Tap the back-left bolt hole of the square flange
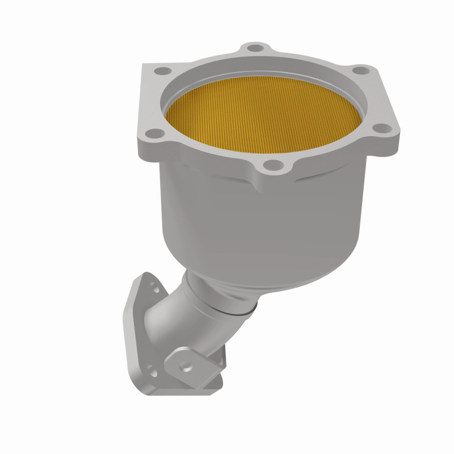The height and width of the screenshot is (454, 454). tap(163, 72)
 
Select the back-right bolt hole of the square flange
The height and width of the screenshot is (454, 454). tap(358, 72)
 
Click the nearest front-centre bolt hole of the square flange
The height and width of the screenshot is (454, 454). tap(274, 166)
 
